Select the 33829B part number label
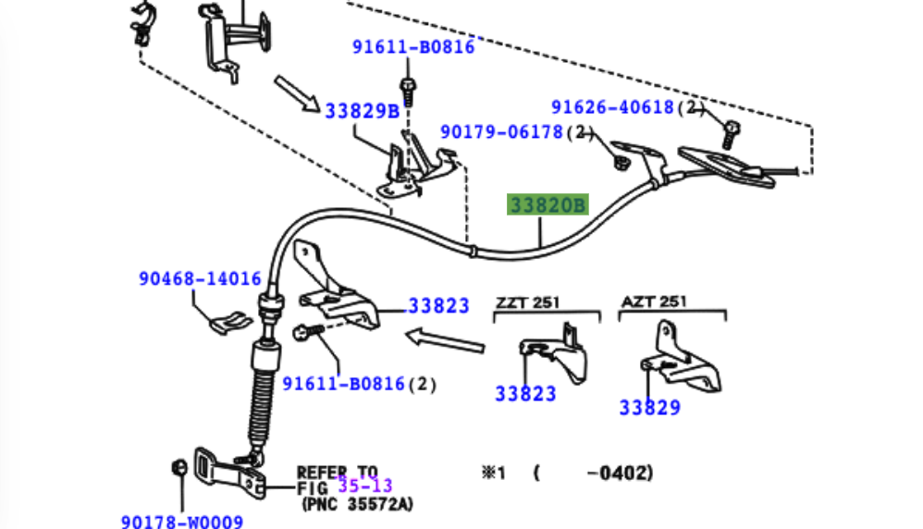click(362, 111)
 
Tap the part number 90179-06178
click(501, 132)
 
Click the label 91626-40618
click(613, 107)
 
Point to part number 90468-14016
click(200, 277)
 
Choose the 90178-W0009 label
click(181, 522)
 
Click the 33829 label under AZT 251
click(649, 406)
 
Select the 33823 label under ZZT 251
click(525, 393)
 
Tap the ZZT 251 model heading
click(527, 302)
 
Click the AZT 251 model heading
click(653, 301)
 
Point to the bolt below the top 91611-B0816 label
click(407, 90)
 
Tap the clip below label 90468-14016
click(227, 324)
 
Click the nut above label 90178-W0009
click(178, 465)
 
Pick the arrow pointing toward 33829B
click(296, 92)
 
